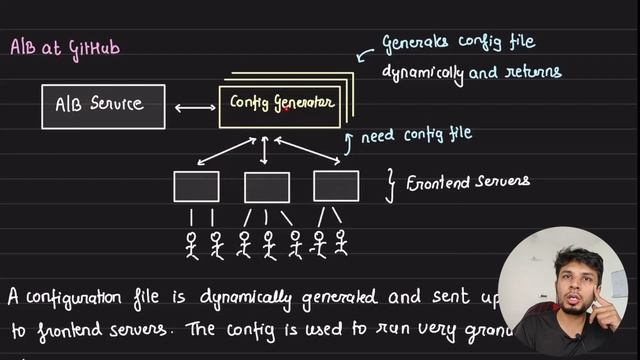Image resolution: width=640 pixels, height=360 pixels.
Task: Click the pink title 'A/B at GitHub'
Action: pos(66,48)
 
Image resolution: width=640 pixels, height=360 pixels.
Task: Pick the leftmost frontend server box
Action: pos(196,187)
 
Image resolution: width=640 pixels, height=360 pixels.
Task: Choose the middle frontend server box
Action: pos(267,187)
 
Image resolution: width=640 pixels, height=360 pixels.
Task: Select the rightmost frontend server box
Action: pos(336,186)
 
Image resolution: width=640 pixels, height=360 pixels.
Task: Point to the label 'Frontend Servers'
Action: pos(467,182)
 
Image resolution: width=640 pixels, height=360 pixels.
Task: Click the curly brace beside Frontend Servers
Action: pos(391,181)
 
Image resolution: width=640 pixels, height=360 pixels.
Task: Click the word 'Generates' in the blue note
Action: pos(419,44)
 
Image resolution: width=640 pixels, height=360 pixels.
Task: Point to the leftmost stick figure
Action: pos(192,245)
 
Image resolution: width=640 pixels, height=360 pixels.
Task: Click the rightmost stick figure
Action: pos(341,244)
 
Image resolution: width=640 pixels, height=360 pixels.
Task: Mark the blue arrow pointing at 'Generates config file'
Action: pos(366,46)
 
